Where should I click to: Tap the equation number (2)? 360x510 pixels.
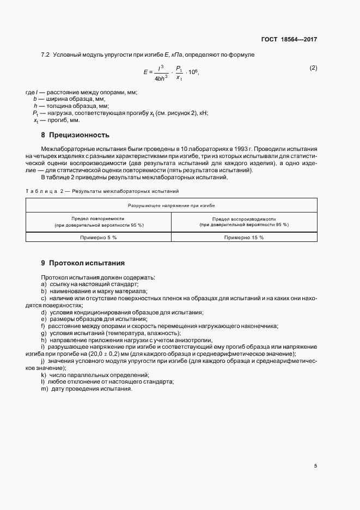pos(313,68)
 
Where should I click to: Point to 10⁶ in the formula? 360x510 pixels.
pos(193,72)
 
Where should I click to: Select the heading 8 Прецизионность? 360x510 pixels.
pos(75,135)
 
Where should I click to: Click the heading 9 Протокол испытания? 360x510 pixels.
pos(83,263)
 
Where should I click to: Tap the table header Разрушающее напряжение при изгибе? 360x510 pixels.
pos(171,206)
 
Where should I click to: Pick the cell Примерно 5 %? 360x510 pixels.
pos(99,238)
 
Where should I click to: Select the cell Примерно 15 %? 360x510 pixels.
pos(244,238)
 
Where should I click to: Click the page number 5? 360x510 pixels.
pos(315,466)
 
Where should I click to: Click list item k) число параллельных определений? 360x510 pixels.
pos(95,376)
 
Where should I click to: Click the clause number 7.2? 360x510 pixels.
pos(45,55)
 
